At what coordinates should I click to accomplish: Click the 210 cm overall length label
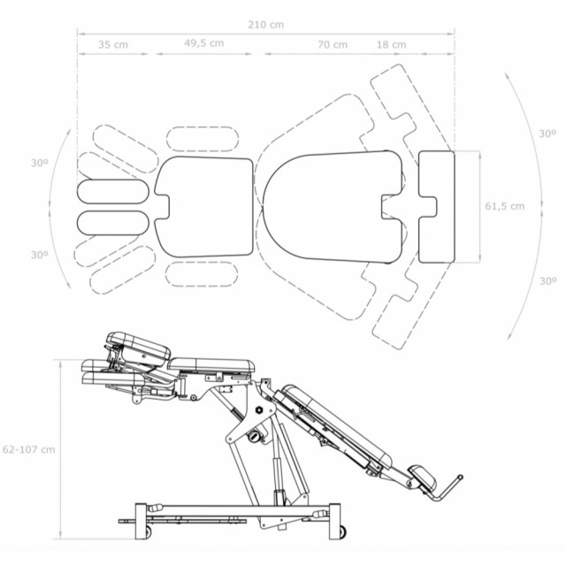click(x=265, y=25)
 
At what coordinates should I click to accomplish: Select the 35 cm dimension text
click(x=113, y=45)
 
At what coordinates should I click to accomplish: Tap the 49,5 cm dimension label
click(x=204, y=43)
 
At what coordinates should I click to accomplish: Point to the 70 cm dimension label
click(x=333, y=45)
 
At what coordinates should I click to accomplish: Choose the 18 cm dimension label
click(x=391, y=45)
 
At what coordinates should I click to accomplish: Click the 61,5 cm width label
click(x=505, y=206)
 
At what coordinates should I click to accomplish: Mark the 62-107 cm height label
click(x=29, y=449)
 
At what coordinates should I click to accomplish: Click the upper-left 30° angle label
click(x=39, y=163)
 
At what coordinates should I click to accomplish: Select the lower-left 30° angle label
click(x=39, y=255)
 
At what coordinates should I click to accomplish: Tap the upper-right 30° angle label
click(x=547, y=134)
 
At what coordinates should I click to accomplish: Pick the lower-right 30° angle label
click(x=547, y=281)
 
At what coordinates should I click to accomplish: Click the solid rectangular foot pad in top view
click(x=437, y=206)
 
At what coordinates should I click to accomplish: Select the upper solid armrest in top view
click(x=113, y=191)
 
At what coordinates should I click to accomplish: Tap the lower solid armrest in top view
click(x=112, y=223)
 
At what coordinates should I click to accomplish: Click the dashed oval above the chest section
click(x=203, y=139)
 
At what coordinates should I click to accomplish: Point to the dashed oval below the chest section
click(x=202, y=274)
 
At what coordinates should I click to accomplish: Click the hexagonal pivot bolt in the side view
click(x=259, y=409)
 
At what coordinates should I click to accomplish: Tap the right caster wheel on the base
click(x=341, y=531)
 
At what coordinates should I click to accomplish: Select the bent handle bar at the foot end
click(x=447, y=489)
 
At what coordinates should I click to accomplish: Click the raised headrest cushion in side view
click(x=138, y=347)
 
